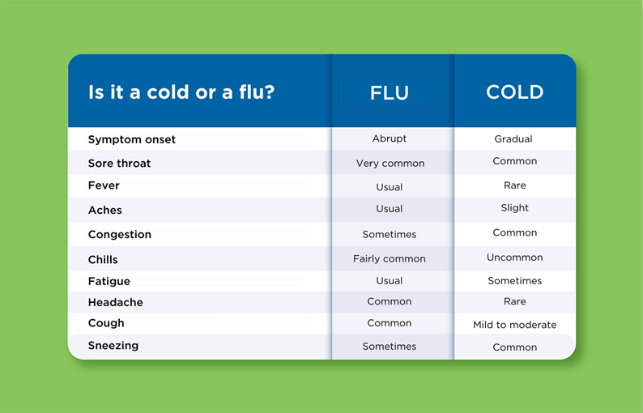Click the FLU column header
(x=390, y=92)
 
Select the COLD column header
(x=514, y=92)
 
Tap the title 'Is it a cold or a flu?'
(x=181, y=92)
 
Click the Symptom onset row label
(x=132, y=139)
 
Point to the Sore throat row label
(x=120, y=163)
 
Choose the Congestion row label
(x=120, y=234)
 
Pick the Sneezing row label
(x=113, y=345)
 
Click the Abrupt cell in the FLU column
(x=390, y=138)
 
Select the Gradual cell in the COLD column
(x=513, y=138)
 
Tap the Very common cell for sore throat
(x=390, y=163)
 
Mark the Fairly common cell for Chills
(x=390, y=259)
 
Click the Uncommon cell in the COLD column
(x=514, y=258)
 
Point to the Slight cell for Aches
(x=514, y=208)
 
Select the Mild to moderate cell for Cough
(x=514, y=325)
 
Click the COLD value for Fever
(x=514, y=185)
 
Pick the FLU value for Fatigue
(x=390, y=281)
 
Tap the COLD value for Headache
(x=514, y=301)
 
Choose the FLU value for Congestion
(x=390, y=234)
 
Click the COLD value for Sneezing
(x=514, y=347)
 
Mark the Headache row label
(x=116, y=302)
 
